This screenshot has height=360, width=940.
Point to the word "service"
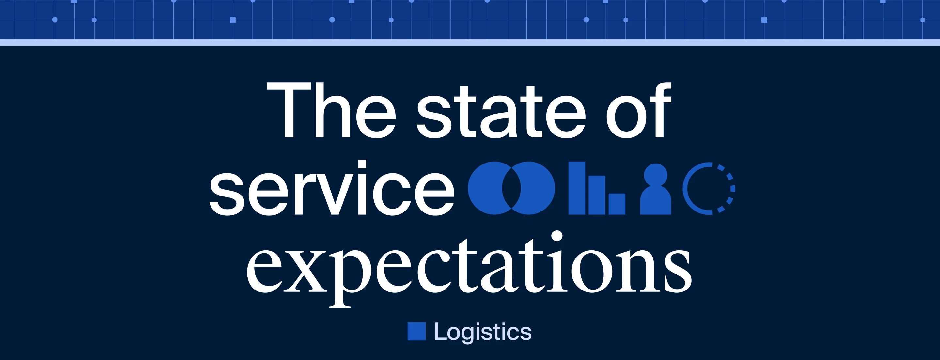click(x=332, y=190)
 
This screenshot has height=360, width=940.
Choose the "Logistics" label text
click(x=482, y=332)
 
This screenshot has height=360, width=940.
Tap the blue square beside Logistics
click(x=416, y=332)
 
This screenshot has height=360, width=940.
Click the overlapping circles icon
click(x=511, y=188)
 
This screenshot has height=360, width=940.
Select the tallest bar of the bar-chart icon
click(x=577, y=188)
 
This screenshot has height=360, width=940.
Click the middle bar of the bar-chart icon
click(x=597, y=195)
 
